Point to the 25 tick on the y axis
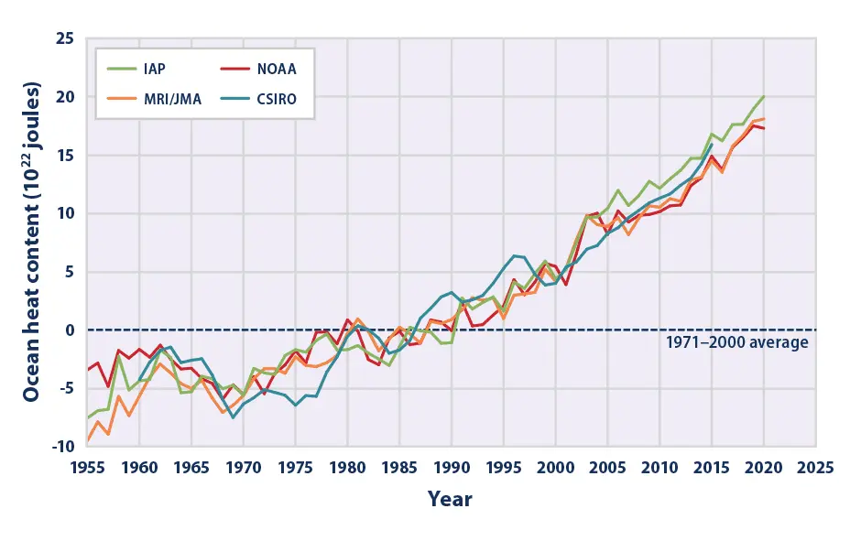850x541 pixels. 65,39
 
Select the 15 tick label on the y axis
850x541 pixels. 65,156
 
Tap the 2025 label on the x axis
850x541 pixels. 815,466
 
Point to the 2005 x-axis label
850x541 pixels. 607,466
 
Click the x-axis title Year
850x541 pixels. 450,500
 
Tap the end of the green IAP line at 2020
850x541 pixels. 764,97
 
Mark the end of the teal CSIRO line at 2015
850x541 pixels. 712,144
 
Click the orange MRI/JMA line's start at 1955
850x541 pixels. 88,440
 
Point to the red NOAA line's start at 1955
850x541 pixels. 88,370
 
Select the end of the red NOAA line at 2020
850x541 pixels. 764,128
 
